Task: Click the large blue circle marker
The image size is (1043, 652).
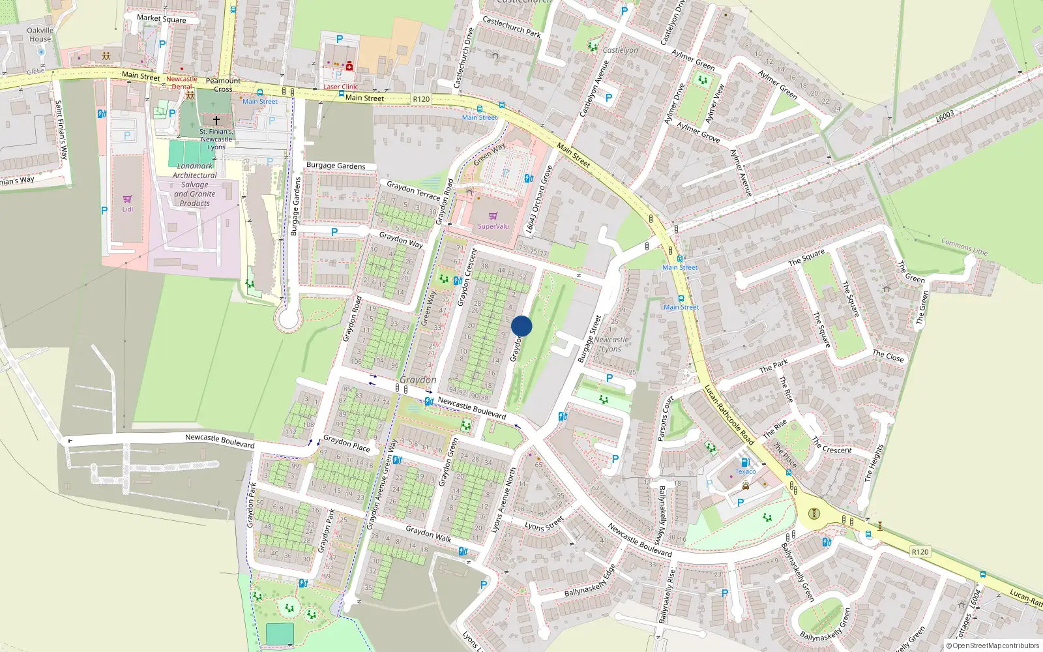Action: coord(521,326)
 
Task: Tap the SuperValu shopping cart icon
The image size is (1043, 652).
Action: coord(493,216)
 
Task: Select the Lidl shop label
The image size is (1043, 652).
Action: coord(127,209)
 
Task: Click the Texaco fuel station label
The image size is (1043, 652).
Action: coord(745,471)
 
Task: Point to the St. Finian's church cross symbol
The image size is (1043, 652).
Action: coord(216,121)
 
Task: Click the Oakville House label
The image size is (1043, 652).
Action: coord(40,35)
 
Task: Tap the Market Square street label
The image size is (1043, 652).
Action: coord(161,19)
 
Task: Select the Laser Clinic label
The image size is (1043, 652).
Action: coord(340,87)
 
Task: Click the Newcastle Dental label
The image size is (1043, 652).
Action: coord(181,83)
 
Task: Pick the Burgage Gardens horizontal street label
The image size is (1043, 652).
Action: coord(336,166)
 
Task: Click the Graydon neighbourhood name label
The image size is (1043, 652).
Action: coord(418,379)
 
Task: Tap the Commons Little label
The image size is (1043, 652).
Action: coord(964,247)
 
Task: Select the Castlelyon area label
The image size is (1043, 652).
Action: coord(620,50)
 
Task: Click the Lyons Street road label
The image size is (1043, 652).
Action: coord(544,524)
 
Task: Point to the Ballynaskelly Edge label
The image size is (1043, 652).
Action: coord(590,582)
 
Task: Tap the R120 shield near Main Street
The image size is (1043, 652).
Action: coord(421,99)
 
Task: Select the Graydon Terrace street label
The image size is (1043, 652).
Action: coord(413,190)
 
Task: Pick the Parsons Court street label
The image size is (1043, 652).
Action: coord(665,419)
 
